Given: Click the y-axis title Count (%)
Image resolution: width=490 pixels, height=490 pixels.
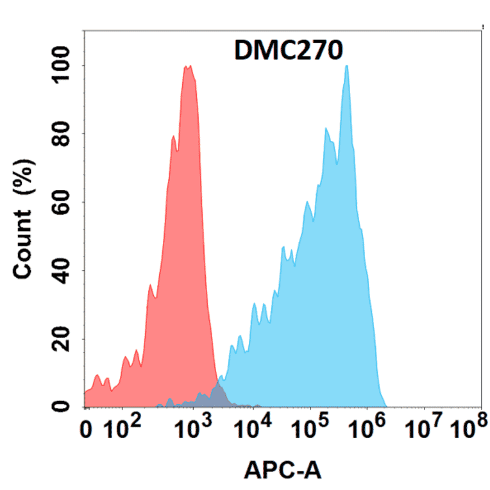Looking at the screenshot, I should [x=24, y=212].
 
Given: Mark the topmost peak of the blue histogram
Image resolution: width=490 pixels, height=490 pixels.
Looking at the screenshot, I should [x=346, y=66].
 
